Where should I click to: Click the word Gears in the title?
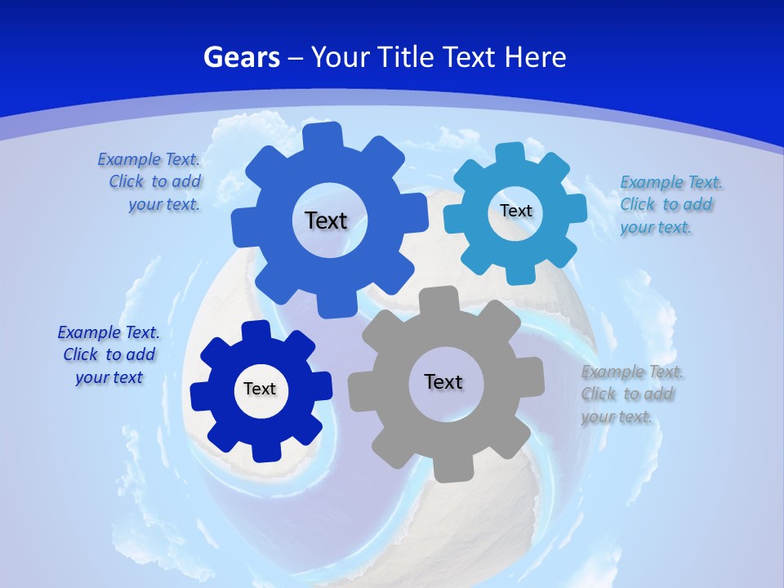click(242, 57)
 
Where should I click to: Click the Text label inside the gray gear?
click(443, 381)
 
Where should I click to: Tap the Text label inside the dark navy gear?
click(260, 389)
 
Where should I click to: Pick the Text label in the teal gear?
click(516, 211)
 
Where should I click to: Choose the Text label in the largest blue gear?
click(326, 220)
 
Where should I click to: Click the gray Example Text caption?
click(632, 394)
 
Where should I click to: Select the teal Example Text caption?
click(671, 204)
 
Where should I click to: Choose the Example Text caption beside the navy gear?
click(109, 354)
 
